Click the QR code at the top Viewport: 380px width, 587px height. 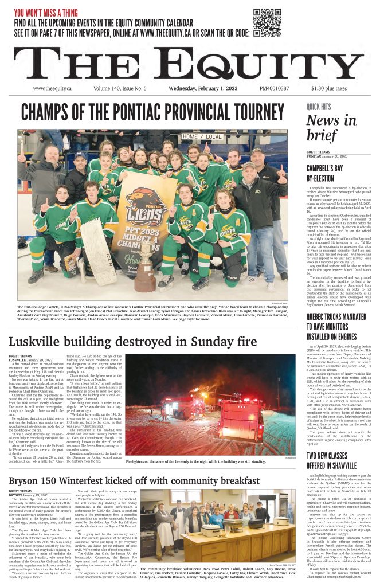click(x=267, y=22)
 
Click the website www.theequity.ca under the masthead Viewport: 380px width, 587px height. click(x=52, y=88)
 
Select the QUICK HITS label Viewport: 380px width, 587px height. click(x=318, y=107)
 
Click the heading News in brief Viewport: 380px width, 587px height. click(x=331, y=128)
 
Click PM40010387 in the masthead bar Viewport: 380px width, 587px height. click(x=274, y=88)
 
